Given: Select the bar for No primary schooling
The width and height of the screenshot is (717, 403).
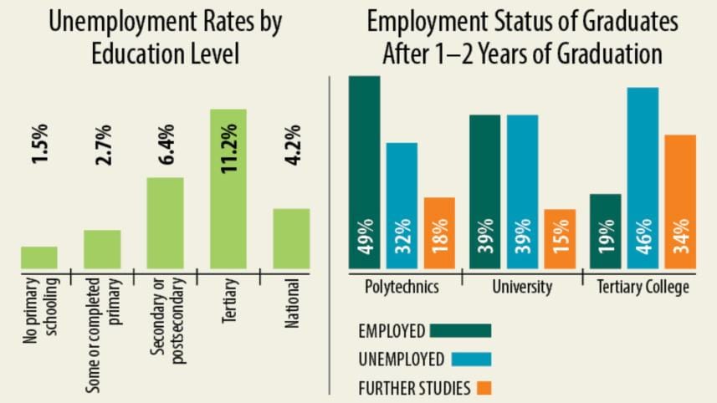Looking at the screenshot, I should click(x=39, y=258).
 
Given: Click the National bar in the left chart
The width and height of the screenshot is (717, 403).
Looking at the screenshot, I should click(x=291, y=238).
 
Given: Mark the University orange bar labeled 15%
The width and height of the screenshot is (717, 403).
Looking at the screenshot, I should click(x=560, y=238).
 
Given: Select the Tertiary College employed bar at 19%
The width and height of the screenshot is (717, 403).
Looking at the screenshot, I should click(x=606, y=231).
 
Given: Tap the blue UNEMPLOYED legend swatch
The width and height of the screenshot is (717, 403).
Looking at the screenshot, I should click(x=470, y=359).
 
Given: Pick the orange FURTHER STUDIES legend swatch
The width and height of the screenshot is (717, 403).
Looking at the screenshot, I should click(x=483, y=387).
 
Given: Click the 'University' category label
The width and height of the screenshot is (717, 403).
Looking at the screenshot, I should click(x=521, y=287).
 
